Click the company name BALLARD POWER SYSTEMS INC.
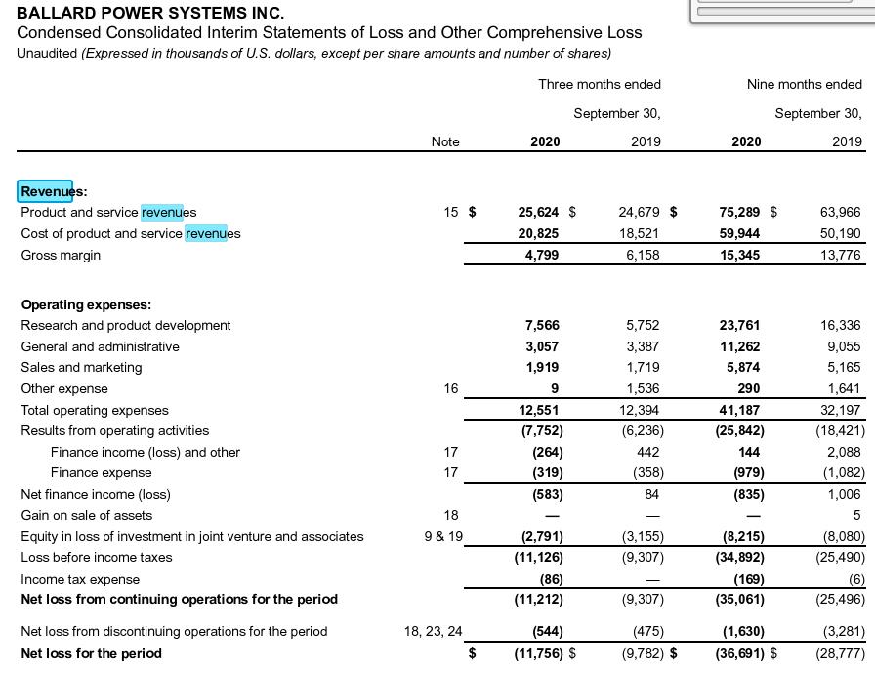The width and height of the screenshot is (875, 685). [150, 13]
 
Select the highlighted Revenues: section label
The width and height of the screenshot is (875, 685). [53, 191]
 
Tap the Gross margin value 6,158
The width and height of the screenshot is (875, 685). [640, 255]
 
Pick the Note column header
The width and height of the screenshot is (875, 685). [444, 141]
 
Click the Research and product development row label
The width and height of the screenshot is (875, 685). [126, 325]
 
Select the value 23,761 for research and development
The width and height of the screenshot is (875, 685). [739, 325]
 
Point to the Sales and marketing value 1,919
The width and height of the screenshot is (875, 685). [542, 367]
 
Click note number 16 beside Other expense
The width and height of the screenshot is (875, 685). [450, 388]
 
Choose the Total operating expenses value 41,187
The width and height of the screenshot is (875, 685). [739, 410]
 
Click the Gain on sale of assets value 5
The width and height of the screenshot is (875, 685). [856, 515]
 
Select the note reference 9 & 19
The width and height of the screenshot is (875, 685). [443, 536]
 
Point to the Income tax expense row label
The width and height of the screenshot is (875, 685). [80, 579]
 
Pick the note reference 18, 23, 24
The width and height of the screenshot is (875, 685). [434, 631]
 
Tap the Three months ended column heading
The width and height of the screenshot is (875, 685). [599, 84]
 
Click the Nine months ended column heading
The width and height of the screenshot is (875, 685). [804, 84]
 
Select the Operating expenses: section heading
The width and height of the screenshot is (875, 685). [86, 304]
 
